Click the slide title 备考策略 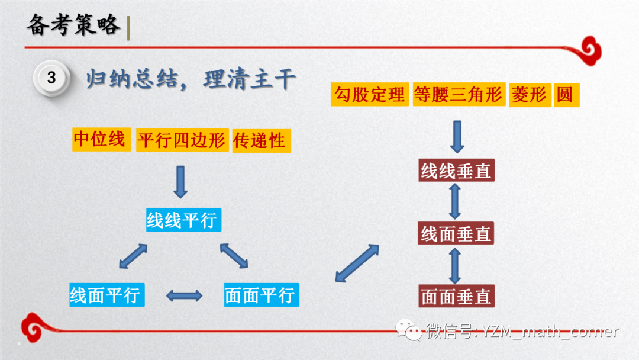tap(74, 25)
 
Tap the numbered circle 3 tap(52, 78)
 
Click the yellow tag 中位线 tap(99, 140)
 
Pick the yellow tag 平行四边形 tap(182, 141)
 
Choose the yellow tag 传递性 tap(260, 141)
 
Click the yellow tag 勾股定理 tap(370, 95)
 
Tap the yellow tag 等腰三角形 tap(458, 95)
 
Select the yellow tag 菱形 tap(529, 95)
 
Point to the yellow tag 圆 tap(564, 95)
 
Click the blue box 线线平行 tap(182, 220)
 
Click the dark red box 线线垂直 tap(456, 171)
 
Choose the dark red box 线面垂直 tap(456, 234)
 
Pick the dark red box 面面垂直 tap(456, 296)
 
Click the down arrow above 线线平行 tap(181, 182)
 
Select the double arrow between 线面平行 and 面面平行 tap(184, 295)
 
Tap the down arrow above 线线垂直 tap(457, 137)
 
